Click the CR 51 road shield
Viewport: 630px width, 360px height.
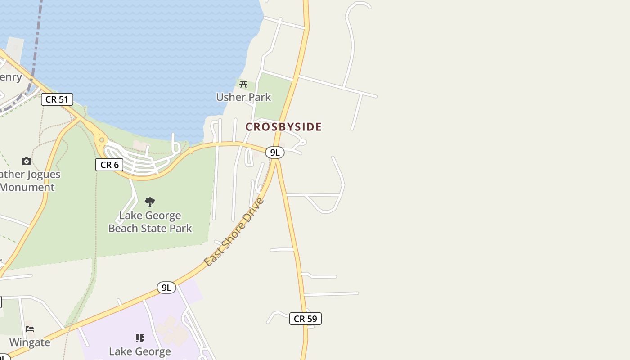pos(57,99)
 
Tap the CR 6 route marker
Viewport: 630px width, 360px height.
pos(109,165)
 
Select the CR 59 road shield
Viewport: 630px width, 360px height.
pos(306,319)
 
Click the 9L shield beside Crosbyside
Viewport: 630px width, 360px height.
pos(274,153)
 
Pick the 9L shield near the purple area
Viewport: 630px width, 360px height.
pos(166,288)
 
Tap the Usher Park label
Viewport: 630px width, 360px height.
pos(243,97)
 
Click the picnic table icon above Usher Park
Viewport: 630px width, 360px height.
pos(243,84)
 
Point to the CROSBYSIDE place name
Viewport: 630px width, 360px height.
pos(283,127)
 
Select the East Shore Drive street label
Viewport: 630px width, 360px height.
pos(234,232)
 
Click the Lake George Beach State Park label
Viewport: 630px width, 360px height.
pos(150,222)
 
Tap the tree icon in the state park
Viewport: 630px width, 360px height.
pos(150,202)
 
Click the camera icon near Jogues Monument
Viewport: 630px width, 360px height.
pos(27,161)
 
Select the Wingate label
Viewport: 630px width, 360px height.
pos(30,342)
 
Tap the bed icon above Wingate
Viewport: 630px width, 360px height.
pos(30,329)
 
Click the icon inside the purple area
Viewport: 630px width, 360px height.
pos(140,338)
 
